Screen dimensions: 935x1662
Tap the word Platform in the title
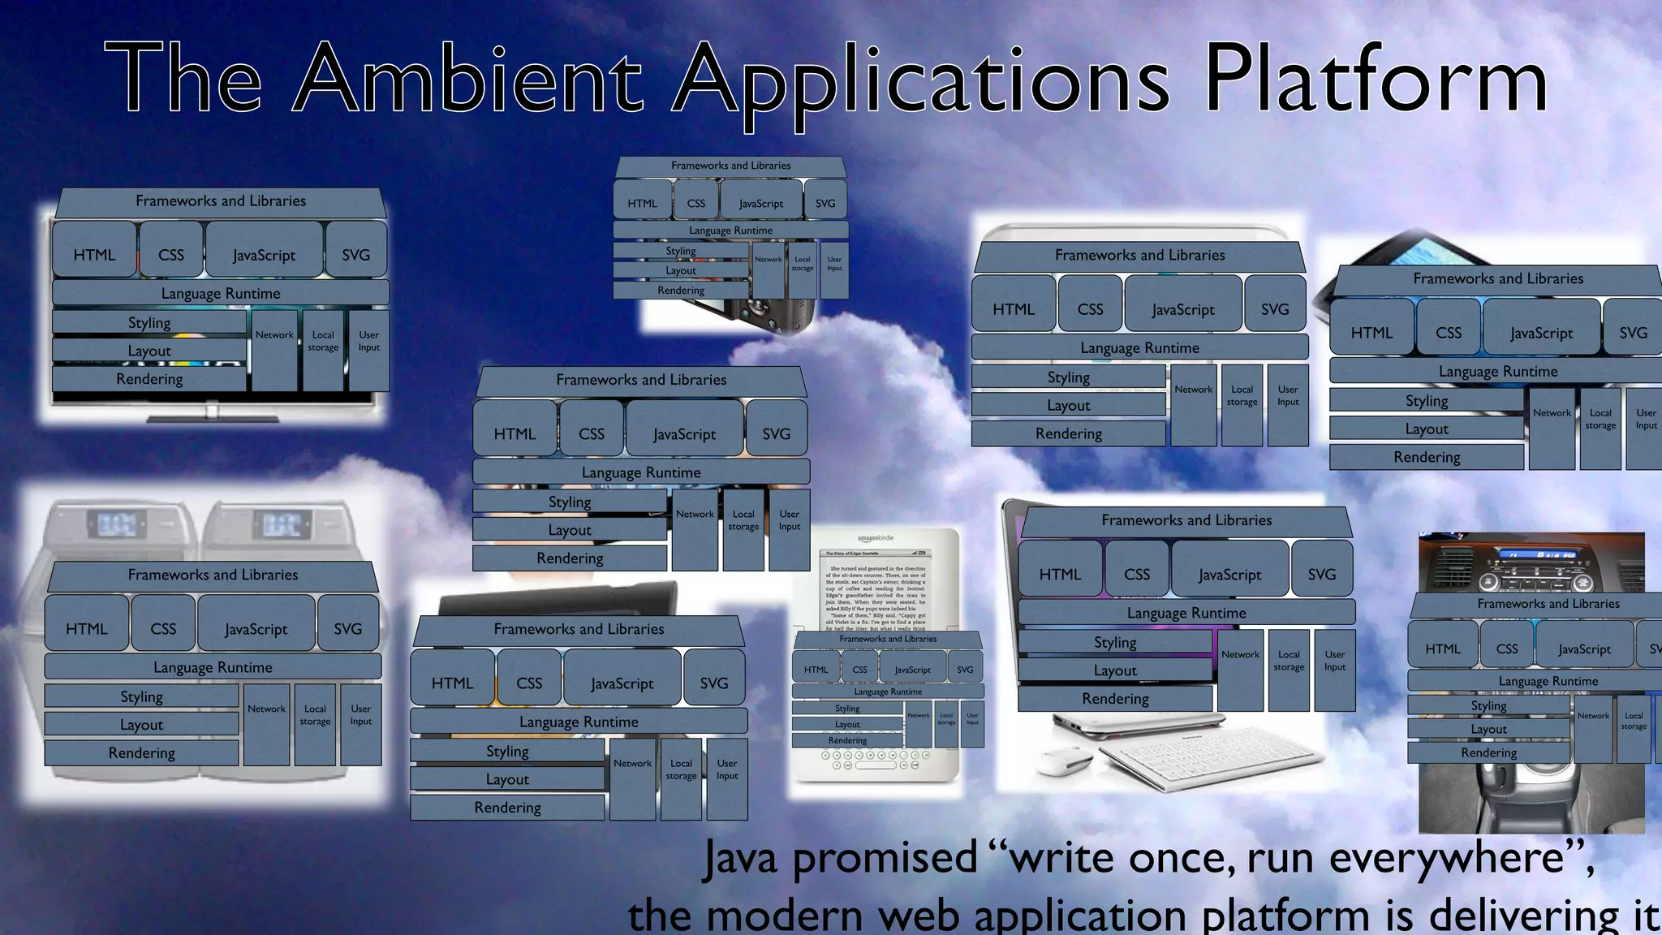point(1375,80)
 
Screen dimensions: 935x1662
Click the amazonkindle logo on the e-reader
point(876,538)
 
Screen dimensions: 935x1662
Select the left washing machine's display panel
point(117,524)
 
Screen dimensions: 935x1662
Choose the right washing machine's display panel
point(282,524)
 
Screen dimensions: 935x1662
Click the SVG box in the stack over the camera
point(825,203)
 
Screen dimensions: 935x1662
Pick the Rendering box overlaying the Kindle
point(847,740)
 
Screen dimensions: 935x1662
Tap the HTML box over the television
point(94,254)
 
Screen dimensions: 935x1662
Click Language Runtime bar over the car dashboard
point(1548,681)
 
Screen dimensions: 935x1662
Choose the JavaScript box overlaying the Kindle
point(912,670)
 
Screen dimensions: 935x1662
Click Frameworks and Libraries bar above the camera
point(730,166)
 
